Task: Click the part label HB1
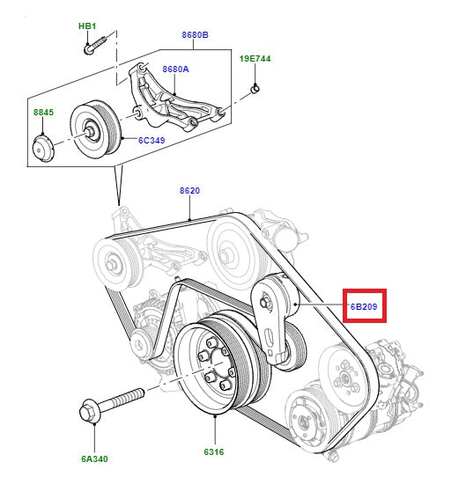coord(87,26)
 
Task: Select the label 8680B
coord(196,35)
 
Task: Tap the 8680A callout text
coord(176,69)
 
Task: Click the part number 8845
coord(43,113)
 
